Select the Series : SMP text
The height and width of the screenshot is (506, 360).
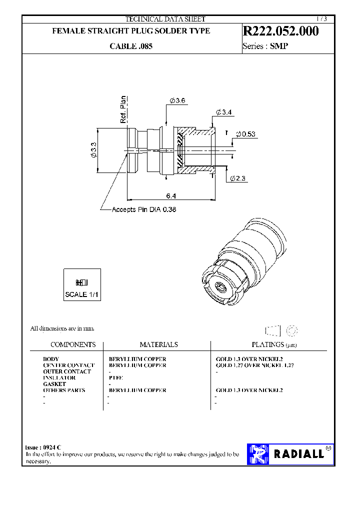(265, 46)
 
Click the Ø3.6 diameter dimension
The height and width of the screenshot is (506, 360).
(177, 101)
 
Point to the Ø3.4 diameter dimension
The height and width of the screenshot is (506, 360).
(223, 112)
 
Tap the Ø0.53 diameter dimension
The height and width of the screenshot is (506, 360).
(245, 134)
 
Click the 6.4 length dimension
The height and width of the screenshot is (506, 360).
(171, 195)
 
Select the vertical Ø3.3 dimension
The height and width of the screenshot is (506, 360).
(93, 150)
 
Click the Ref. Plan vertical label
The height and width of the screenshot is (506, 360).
(123, 109)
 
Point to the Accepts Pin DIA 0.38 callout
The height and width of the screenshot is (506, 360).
(144, 209)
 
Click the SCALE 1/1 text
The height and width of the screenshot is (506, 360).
(82, 294)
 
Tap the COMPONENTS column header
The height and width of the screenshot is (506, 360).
(73, 345)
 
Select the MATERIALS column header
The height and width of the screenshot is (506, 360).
(158, 345)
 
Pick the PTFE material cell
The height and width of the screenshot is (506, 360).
(116, 378)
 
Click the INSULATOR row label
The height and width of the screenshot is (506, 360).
(59, 378)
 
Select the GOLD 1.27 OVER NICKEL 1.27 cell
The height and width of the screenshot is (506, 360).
(254, 365)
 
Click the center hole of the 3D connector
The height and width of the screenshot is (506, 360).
(219, 287)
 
